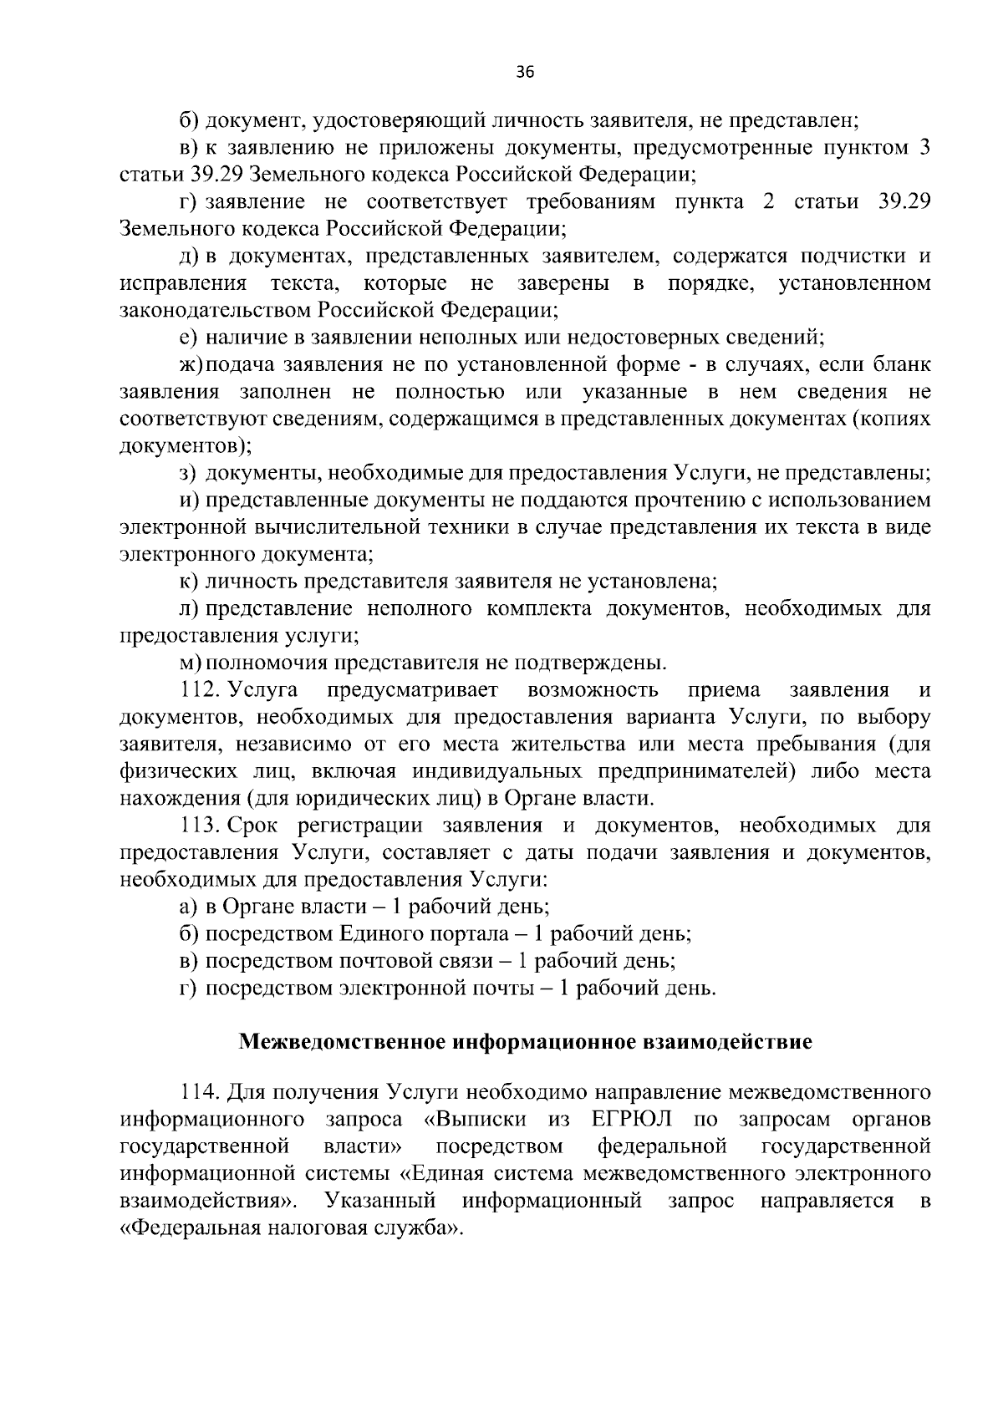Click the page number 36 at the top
[524, 72]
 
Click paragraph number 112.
[200, 690]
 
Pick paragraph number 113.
[200, 826]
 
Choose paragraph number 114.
[200, 1092]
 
